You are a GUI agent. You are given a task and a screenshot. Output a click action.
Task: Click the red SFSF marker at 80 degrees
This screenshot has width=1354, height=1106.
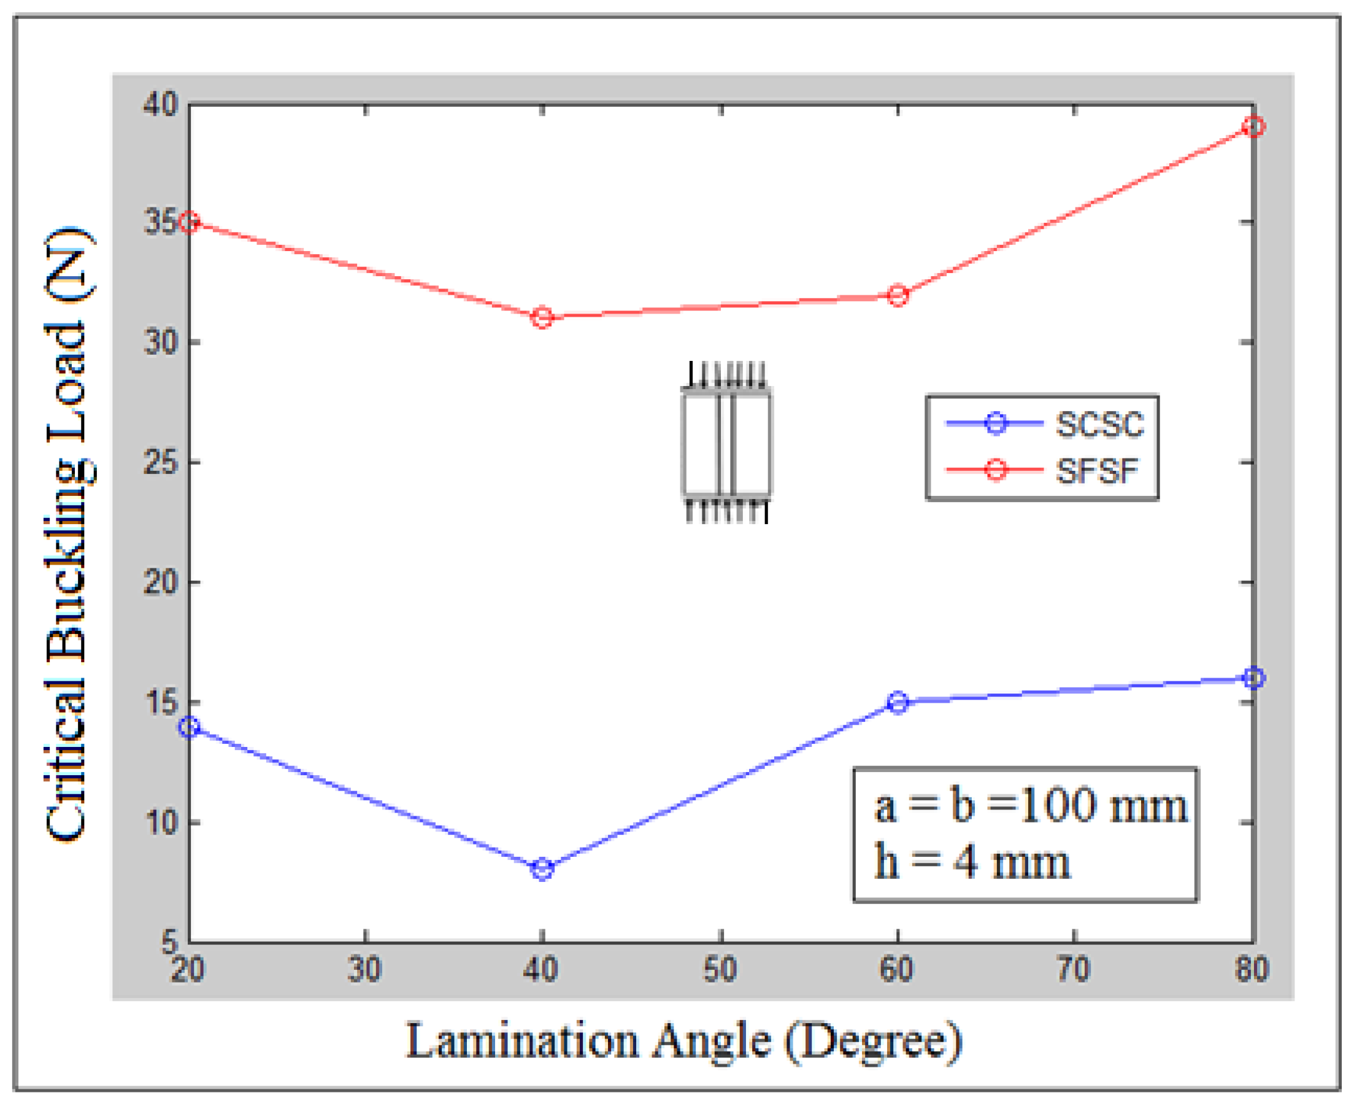pos(1253,127)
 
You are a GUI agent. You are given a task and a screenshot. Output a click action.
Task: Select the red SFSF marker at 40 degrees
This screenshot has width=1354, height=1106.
pos(542,317)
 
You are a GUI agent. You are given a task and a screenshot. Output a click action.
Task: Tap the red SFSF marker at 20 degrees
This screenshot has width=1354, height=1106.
pos(189,222)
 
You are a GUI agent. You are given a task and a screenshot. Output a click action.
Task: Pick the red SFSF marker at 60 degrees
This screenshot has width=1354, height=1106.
pos(898,296)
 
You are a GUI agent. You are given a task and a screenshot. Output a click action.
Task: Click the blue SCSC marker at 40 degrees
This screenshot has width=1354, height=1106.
pos(542,869)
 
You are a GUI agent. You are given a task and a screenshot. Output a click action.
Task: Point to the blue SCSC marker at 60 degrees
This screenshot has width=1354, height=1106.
pos(898,703)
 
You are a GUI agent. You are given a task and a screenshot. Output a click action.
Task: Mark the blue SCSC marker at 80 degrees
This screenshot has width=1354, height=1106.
pos(1253,678)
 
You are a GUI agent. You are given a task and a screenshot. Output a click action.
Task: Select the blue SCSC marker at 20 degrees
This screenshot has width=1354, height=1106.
pos(189,727)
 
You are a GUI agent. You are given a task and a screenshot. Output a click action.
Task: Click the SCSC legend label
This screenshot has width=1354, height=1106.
pos(1099,424)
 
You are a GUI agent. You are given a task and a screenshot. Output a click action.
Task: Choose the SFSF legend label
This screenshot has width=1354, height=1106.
pos(1096,471)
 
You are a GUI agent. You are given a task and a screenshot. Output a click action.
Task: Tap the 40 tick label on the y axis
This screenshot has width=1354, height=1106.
pos(160,104)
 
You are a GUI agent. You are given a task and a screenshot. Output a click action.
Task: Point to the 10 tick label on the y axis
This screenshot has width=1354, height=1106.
pos(161,822)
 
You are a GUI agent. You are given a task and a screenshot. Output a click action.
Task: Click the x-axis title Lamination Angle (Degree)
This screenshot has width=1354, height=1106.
pos(684,1041)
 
